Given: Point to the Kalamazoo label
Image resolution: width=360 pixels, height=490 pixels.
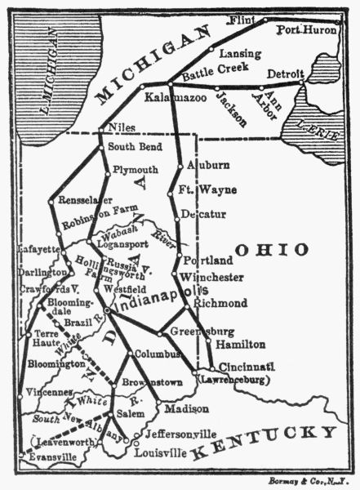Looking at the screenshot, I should point(174,98).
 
